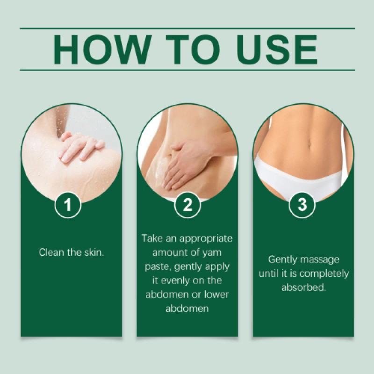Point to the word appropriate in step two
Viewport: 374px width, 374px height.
(208, 238)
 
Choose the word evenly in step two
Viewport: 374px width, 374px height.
(173, 280)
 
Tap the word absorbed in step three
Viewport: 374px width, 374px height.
(303, 288)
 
